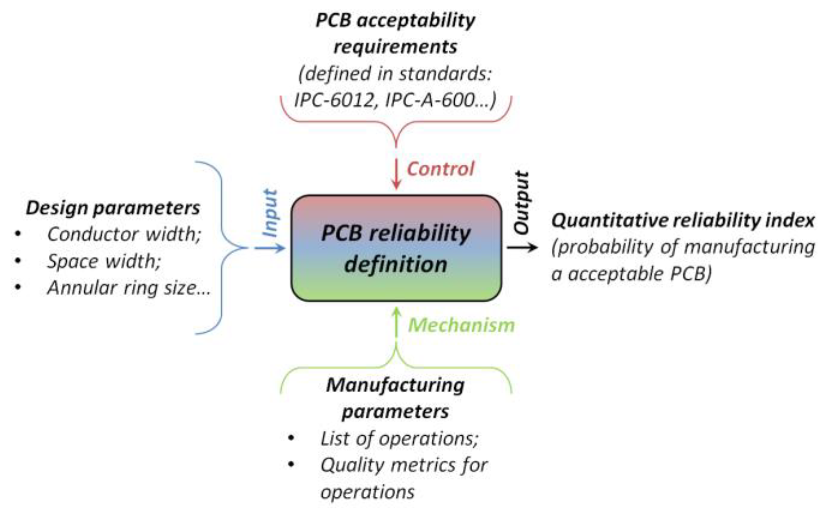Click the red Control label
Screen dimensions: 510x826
440,169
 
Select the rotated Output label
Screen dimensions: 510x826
521,202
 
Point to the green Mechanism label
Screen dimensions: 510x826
461,325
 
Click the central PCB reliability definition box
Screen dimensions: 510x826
396,248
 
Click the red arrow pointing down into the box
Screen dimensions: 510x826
396,174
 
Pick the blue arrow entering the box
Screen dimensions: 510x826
270,248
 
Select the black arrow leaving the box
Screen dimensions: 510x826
522,248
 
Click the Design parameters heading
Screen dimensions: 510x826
113,208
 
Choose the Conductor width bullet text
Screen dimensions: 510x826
124,234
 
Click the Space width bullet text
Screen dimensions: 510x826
104,262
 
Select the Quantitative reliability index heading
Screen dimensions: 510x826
683,220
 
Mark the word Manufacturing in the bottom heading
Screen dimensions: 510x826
395,385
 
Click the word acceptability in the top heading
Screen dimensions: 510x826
416,20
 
